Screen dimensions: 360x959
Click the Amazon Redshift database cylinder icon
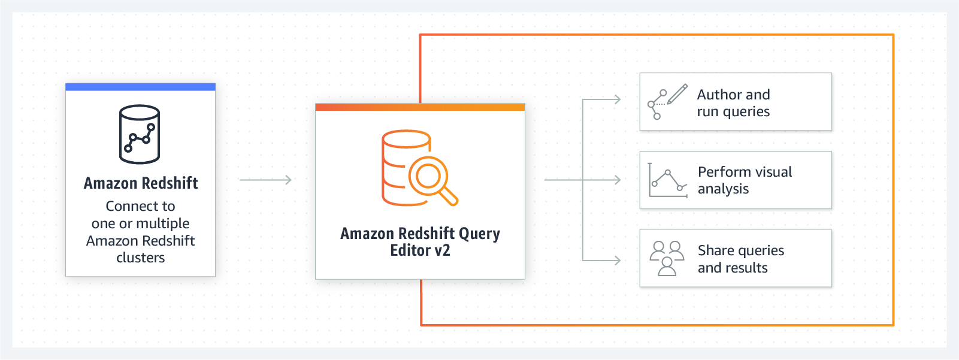(x=140, y=134)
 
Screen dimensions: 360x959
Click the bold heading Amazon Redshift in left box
(x=141, y=183)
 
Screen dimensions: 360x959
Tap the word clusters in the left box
(x=141, y=258)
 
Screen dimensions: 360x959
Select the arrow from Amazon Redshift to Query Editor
(x=265, y=180)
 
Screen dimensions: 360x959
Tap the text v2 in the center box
(x=442, y=250)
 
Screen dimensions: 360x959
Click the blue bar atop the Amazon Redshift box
(x=140, y=87)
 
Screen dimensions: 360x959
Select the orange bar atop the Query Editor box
(x=420, y=107)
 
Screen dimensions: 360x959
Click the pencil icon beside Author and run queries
(x=677, y=94)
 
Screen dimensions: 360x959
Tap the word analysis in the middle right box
(x=723, y=189)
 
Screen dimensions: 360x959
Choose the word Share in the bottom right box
(x=716, y=250)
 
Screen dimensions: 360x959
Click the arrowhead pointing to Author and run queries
(x=618, y=99)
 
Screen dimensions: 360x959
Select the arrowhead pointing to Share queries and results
(x=618, y=261)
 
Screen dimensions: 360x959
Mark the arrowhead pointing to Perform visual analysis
(x=618, y=180)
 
